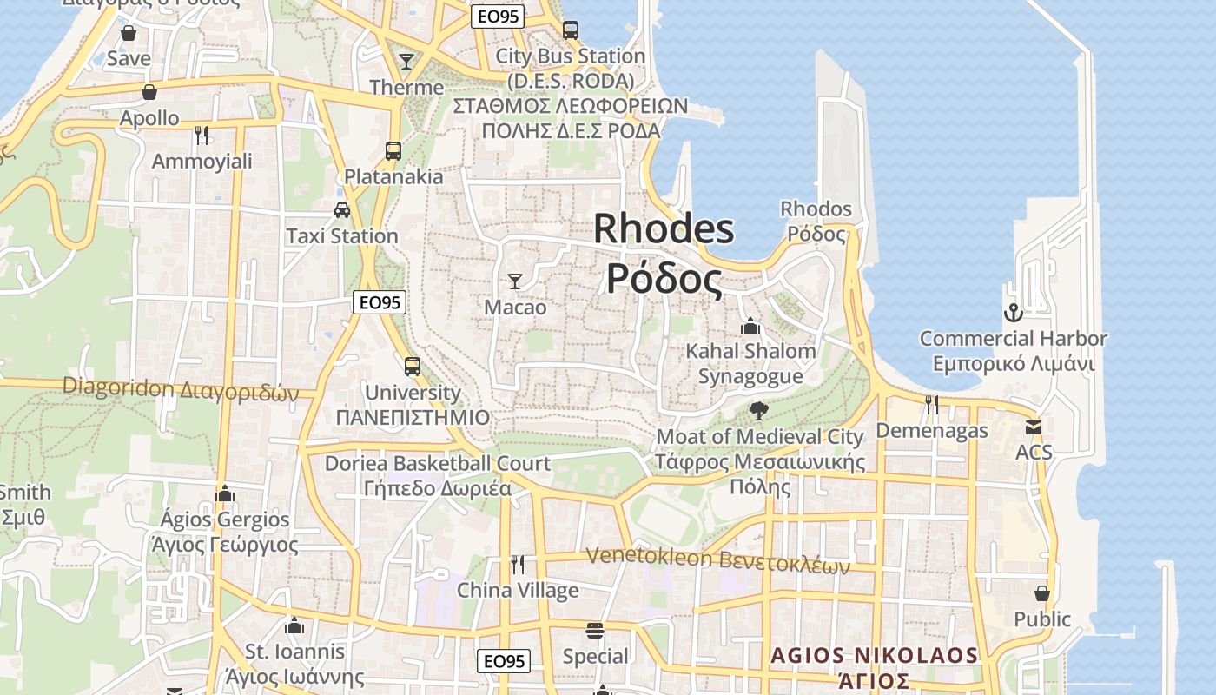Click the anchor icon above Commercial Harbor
click(x=1013, y=313)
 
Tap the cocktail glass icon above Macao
click(x=515, y=281)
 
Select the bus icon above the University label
click(x=413, y=366)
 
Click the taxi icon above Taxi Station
click(x=342, y=209)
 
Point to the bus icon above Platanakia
click(x=393, y=150)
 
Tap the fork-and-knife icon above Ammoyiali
click(x=202, y=135)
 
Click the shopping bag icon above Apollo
click(x=149, y=91)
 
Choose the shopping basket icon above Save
click(x=129, y=33)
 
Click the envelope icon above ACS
click(x=1033, y=427)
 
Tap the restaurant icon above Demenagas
click(x=931, y=404)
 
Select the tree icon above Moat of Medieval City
click(x=758, y=410)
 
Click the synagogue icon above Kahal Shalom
click(x=750, y=326)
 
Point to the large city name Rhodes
click(x=664, y=229)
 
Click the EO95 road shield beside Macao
click(x=380, y=302)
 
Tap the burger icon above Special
click(x=595, y=630)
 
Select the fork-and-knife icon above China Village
click(x=518, y=565)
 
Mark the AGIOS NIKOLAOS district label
click(x=875, y=655)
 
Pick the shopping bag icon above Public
click(x=1042, y=593)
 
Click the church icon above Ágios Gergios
click(x=225, y=493)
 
